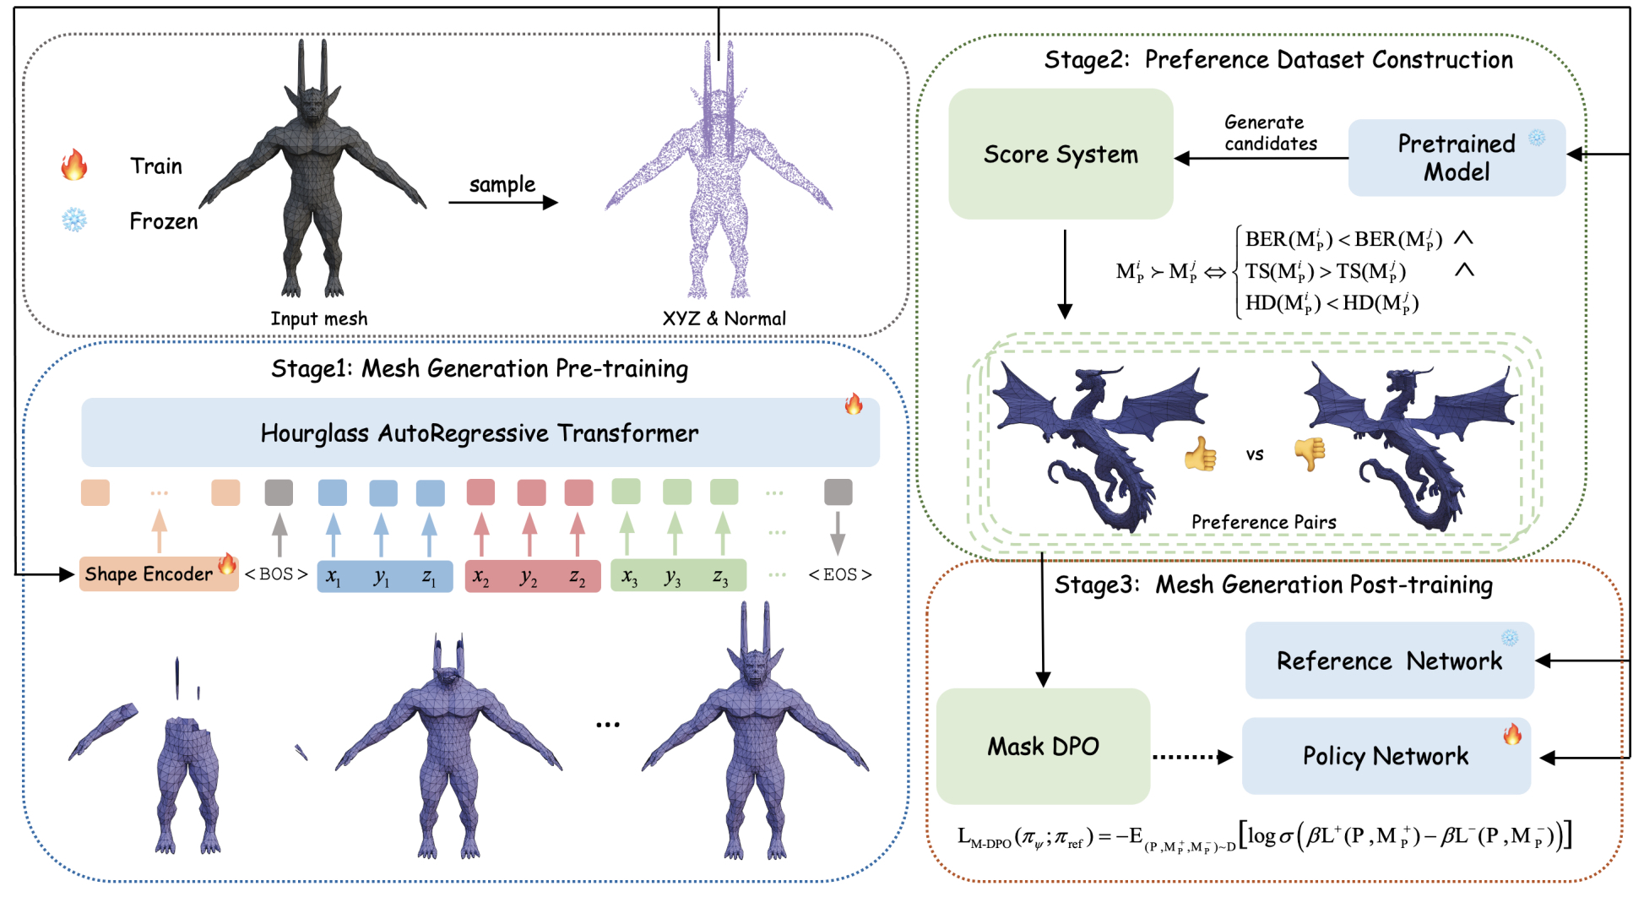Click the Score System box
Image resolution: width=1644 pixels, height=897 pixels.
1061,155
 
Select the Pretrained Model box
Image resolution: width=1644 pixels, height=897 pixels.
1457,158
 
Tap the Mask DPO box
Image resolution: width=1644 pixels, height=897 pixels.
1043,747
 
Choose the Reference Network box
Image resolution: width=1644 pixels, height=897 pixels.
1389,661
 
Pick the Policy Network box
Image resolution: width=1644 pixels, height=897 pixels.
1386,756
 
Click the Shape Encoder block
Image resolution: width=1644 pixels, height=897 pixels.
149,574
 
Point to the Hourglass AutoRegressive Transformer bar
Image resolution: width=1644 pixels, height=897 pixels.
480,433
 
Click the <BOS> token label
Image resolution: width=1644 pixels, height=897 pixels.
276,574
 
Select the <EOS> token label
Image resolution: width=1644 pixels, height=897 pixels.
839,575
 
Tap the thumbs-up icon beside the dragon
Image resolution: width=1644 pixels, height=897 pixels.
1200,454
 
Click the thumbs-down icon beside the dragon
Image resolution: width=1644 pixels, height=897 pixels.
1310,454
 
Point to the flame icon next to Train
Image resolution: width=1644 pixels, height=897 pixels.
74,165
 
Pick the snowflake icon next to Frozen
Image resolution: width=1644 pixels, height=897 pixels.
74,220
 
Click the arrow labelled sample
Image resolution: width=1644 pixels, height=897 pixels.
502,203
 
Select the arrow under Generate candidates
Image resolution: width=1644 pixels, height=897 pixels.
1261,158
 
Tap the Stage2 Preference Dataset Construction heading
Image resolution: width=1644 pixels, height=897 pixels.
1278,60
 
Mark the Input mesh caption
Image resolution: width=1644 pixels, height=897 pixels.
318,318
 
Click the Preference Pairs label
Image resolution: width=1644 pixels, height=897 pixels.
1263,522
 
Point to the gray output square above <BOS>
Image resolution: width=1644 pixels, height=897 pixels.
279,492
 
